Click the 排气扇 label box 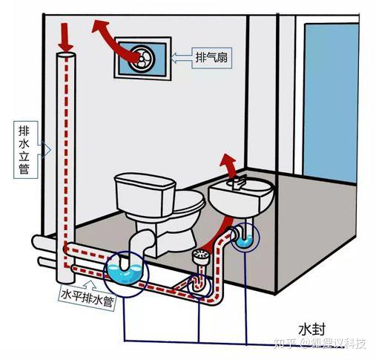click(212, 58)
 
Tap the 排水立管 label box click(25, 150)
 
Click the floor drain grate click(201, 255)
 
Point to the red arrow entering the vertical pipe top click(65, 36)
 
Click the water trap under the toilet click(125, 270)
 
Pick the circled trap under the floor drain click(199, 284)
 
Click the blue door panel click(331, 102)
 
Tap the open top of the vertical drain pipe click(65, 55)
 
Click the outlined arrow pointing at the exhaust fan click(181, 58)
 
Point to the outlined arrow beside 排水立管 click(44, 150)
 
